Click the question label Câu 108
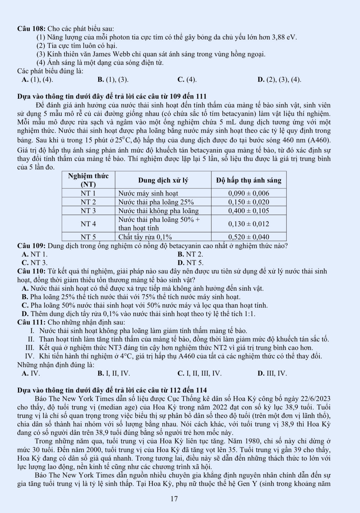32,29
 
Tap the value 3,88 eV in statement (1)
284,37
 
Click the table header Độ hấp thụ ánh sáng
249,180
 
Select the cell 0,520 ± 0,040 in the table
249,237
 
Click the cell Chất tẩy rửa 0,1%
145,237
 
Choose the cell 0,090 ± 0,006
249,193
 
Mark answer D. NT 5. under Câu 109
191,263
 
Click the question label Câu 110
31,271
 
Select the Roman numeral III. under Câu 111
30,347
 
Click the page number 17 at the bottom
174,499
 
